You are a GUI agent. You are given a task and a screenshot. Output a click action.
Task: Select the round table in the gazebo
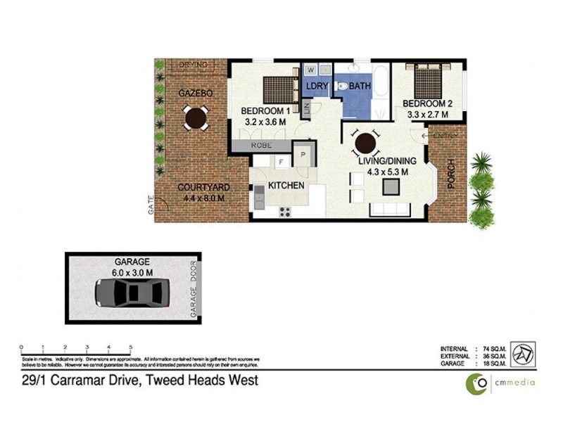point(194,117)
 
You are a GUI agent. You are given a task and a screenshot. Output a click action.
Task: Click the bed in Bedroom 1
point(279,90)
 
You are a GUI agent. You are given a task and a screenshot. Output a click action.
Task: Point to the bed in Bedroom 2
point(428,82)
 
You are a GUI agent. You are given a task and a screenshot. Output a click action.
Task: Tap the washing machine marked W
point(310,70)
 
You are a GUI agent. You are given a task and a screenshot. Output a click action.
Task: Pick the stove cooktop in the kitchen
point(285,211)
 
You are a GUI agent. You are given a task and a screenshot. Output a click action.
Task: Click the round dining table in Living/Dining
point(365,144)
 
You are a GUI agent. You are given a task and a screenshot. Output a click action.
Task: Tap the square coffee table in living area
point(390,186)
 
